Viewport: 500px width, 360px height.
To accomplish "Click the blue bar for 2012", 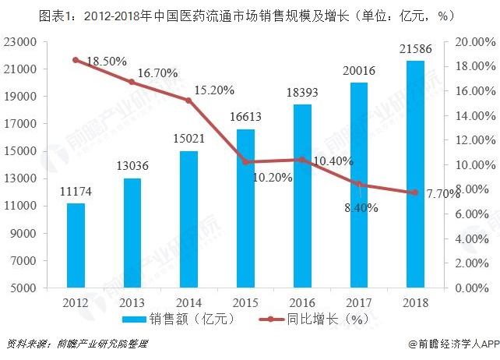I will click(76, 245).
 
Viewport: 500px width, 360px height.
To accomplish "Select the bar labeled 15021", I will click(188, 220).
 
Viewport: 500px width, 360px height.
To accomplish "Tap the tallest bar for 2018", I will click(415, 175).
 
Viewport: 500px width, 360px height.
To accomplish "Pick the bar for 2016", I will click(301, 196).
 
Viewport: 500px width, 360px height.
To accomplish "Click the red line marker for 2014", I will click(188, 100).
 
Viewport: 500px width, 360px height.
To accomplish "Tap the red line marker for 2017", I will click(358, 185).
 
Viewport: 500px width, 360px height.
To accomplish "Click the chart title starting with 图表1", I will click(249, 13).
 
